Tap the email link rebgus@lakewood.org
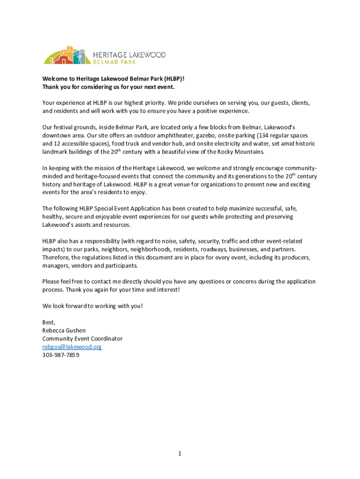pyautogui.click(x=72, y=347)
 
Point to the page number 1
pyautogui.click(x=179, y=453)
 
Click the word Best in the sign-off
pyautogui.click(x=48, y=322)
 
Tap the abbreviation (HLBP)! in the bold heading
pyautogui.click(x=177, y=79)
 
